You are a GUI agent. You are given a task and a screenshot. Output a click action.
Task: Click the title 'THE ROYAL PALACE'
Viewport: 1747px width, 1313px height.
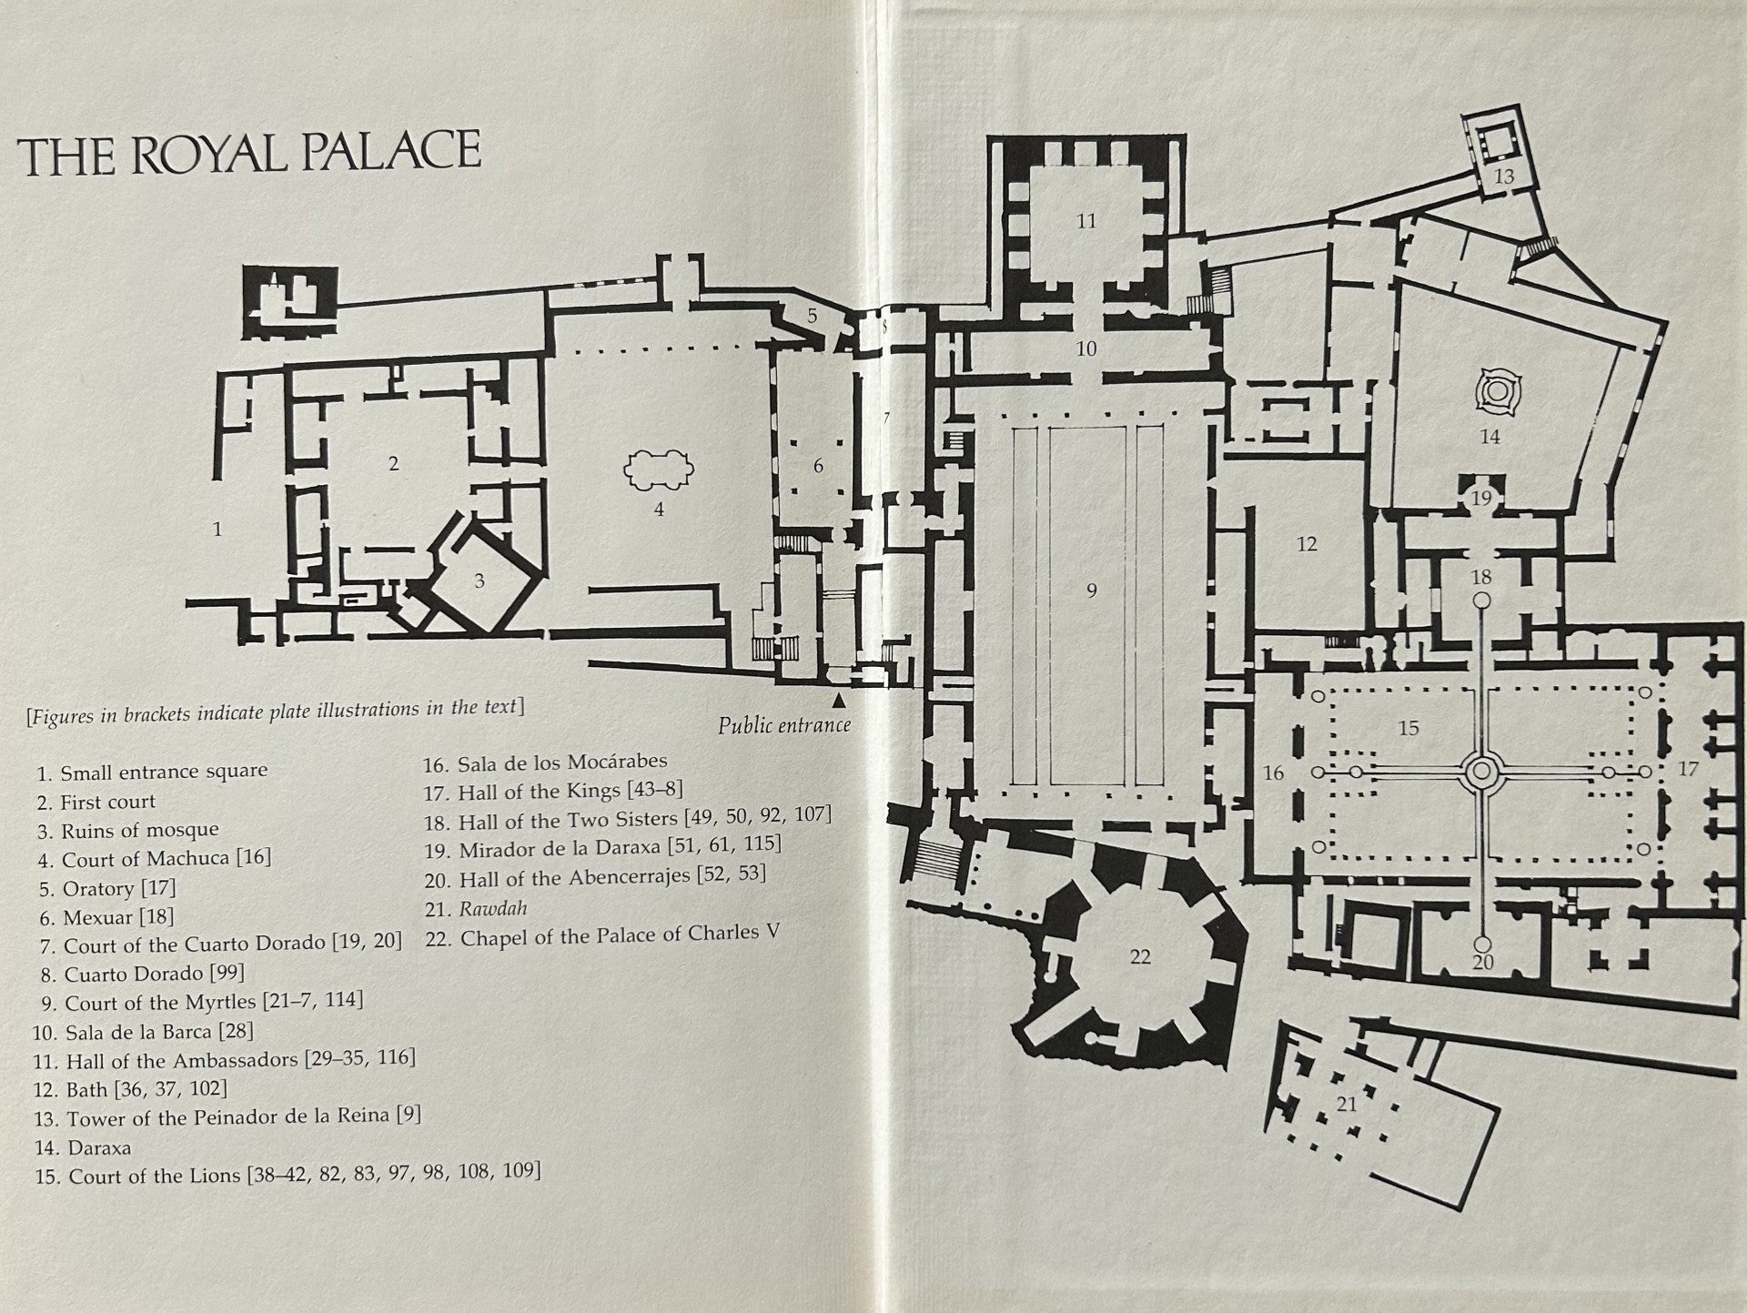point(249,153)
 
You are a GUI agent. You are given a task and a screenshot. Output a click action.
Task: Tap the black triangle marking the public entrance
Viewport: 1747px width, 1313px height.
point(838,700)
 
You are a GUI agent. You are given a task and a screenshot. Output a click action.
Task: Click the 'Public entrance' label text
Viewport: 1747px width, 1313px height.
point(783,725)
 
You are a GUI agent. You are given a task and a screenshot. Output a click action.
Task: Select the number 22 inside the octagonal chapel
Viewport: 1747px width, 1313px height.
point(1139,956)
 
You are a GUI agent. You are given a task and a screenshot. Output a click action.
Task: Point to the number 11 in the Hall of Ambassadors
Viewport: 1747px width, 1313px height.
point(1086,221)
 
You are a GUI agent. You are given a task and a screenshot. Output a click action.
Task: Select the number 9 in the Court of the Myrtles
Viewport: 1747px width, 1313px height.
point(1091,591)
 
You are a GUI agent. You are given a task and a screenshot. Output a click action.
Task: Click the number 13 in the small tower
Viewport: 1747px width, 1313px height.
point(1503,176)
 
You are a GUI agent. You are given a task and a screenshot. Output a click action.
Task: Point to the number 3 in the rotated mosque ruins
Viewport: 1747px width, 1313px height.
point(480,581)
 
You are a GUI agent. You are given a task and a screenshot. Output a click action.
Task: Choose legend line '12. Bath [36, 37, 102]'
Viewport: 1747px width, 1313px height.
point(133,1088)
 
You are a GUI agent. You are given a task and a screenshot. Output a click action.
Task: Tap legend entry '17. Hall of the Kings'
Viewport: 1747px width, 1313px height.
point(553,792)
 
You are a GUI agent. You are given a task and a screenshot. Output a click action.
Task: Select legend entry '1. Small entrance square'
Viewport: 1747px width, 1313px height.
point(152,772)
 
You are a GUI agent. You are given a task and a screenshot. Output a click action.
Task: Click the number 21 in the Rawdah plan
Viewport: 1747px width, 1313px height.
point(1347,1104)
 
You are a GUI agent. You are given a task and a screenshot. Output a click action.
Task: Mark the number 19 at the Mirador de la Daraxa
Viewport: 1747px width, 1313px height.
point(1481,498)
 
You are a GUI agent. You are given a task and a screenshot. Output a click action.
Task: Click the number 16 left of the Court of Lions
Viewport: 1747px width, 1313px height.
point(1273,773)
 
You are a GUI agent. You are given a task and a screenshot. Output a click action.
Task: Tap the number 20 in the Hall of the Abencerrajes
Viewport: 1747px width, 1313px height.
point(1482,961)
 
